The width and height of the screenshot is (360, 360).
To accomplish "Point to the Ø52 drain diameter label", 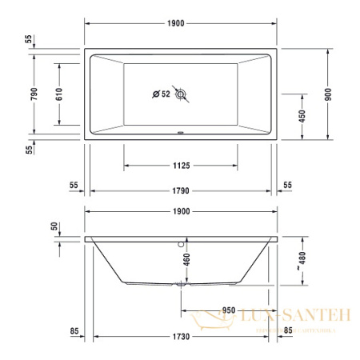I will click(162, 95).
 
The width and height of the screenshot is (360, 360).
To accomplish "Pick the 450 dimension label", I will click(302, 115).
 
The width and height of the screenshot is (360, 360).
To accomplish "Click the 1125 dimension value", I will click(180, 166).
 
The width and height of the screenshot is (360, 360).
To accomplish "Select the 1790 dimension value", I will click(180, 192).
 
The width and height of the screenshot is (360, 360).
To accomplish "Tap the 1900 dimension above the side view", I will click(180, 211).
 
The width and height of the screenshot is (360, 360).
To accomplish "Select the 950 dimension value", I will click(230, 310).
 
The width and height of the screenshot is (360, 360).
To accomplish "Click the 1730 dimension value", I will click(181, 337).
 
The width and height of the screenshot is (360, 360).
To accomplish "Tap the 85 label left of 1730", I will click(74, 330).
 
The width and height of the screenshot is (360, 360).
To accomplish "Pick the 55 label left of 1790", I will click(74, 185).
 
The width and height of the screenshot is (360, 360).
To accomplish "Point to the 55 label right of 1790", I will click(287, 185).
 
